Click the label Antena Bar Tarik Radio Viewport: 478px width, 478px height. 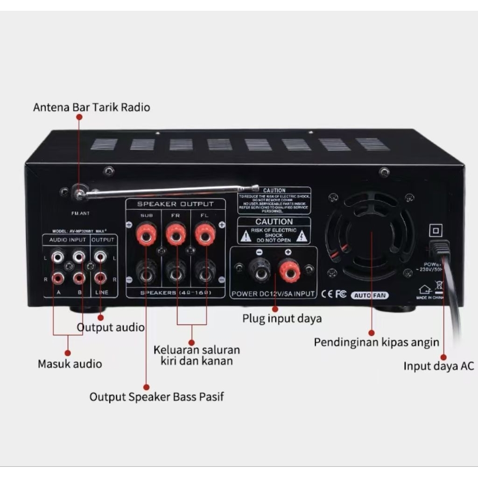click(x=91, y=107)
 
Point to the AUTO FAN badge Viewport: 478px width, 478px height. click(x=369, y=295)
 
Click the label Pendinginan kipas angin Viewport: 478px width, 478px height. click(x=376, y=342)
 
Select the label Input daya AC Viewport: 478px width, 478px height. click(x=438, y=366)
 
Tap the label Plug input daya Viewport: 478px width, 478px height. click(x=282, y=319)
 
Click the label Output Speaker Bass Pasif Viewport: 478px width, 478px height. click(x=157, y=397)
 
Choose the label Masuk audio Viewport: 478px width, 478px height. click(x=70, y=363)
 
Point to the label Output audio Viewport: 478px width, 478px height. click(x=111, y=327)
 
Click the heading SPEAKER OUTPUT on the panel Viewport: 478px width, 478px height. click(x=175, y=204)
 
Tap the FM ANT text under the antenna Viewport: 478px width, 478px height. click(x=81, y=213)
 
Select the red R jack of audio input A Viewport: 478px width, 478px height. click(x=58, y=278)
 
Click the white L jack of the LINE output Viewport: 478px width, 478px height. click(x=100, y=256)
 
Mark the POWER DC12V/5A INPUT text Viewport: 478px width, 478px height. click(x=273, y=294)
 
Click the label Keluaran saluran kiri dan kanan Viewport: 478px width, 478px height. click(x=197, y=355)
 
